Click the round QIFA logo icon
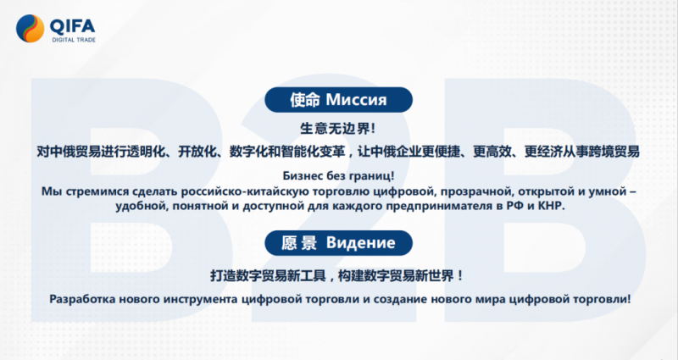click(31, 29)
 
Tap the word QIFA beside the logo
click(72, 26)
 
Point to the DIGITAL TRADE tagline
click(74, 40)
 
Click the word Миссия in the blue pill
click(356, 100)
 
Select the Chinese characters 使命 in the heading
click(305, 100)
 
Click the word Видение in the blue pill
click(361, 243)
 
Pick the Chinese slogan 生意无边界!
click(337, 129)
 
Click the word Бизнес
click(303, 176)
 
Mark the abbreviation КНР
click(552, 206)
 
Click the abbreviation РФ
click(515, 206)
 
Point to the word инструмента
click(200, 299)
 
